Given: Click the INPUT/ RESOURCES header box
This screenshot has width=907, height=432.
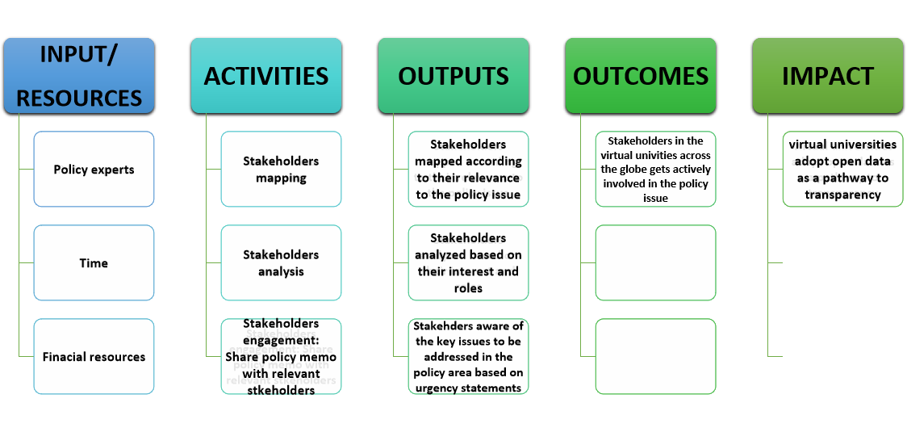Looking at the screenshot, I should (x=79, y=76).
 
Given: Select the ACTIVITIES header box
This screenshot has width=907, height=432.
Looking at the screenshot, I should (x=266, y=76).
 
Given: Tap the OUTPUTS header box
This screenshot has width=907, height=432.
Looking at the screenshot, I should (x=453, y=76).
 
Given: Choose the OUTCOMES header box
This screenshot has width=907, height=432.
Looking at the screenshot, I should (x=641, y=76).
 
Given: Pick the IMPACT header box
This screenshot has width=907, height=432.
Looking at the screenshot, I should (x=828, y=76).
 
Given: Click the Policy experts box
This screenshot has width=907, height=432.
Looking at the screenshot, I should (x=94, y=170).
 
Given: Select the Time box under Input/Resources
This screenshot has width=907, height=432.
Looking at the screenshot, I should (x=94, y=263).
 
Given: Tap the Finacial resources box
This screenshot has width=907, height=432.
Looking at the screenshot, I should (x=94, y=357).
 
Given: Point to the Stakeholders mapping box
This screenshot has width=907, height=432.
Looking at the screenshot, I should (x=281, y=170).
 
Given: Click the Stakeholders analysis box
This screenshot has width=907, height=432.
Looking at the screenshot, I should (x=281, y=263).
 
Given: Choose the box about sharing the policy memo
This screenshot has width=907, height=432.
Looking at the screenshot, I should (x=281, y=357).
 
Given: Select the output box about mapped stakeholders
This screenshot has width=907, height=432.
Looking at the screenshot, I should (x=468, y=170).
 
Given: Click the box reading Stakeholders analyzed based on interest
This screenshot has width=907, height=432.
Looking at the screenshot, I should (x=468, y=263).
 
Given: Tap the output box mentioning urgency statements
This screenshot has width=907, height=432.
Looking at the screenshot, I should (x=468, y=357).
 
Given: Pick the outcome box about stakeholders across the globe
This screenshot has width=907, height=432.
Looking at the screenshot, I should (x=655, y=170).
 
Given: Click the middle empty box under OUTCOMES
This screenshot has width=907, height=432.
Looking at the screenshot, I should (x=655, y=263).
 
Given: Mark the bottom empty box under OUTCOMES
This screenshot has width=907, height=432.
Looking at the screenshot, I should (x=655, y=357).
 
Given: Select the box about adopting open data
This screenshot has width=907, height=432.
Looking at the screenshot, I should (x=842, y=170).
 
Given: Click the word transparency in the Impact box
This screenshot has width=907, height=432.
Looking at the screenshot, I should (x=842, y=195).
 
